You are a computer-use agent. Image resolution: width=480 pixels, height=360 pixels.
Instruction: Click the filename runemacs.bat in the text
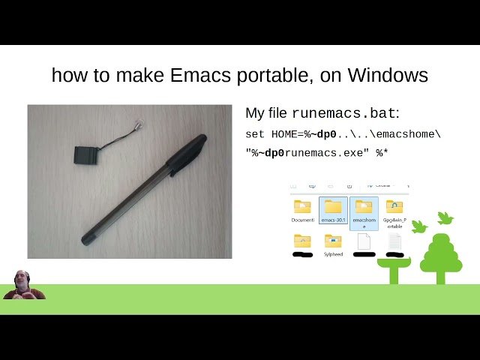(x=344, y=114)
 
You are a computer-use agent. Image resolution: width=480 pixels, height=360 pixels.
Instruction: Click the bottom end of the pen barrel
(x=86, y=240)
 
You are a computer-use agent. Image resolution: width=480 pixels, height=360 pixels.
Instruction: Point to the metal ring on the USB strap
(x=136, y=124)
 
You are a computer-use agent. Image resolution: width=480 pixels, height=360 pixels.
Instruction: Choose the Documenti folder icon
(x=302, y=206)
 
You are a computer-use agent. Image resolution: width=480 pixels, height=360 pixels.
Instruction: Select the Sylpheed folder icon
(x=332, y=241)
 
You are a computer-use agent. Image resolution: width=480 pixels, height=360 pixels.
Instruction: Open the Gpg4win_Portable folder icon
(x=394, y=206)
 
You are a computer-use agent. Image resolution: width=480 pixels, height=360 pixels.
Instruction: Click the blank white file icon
(x=364, y=241)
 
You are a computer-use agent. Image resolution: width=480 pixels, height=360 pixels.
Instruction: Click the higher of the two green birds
(x=445, y=217)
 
